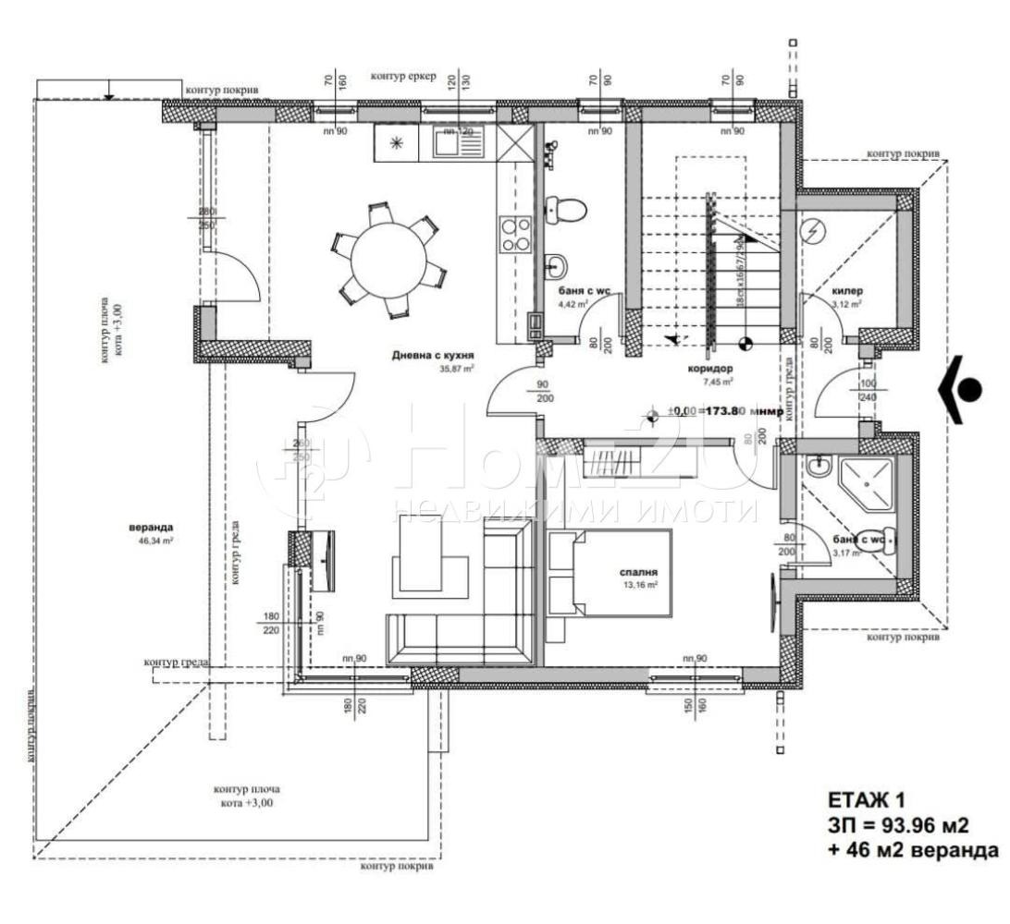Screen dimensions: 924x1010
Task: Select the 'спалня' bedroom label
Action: tap(636, 572)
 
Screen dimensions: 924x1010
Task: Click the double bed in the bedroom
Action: tap(610, 573)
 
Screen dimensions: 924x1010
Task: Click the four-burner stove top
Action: tap(515, 234)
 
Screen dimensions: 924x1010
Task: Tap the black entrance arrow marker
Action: tap(963, 389)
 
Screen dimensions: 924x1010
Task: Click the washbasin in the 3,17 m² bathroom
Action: tap(819, 468)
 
